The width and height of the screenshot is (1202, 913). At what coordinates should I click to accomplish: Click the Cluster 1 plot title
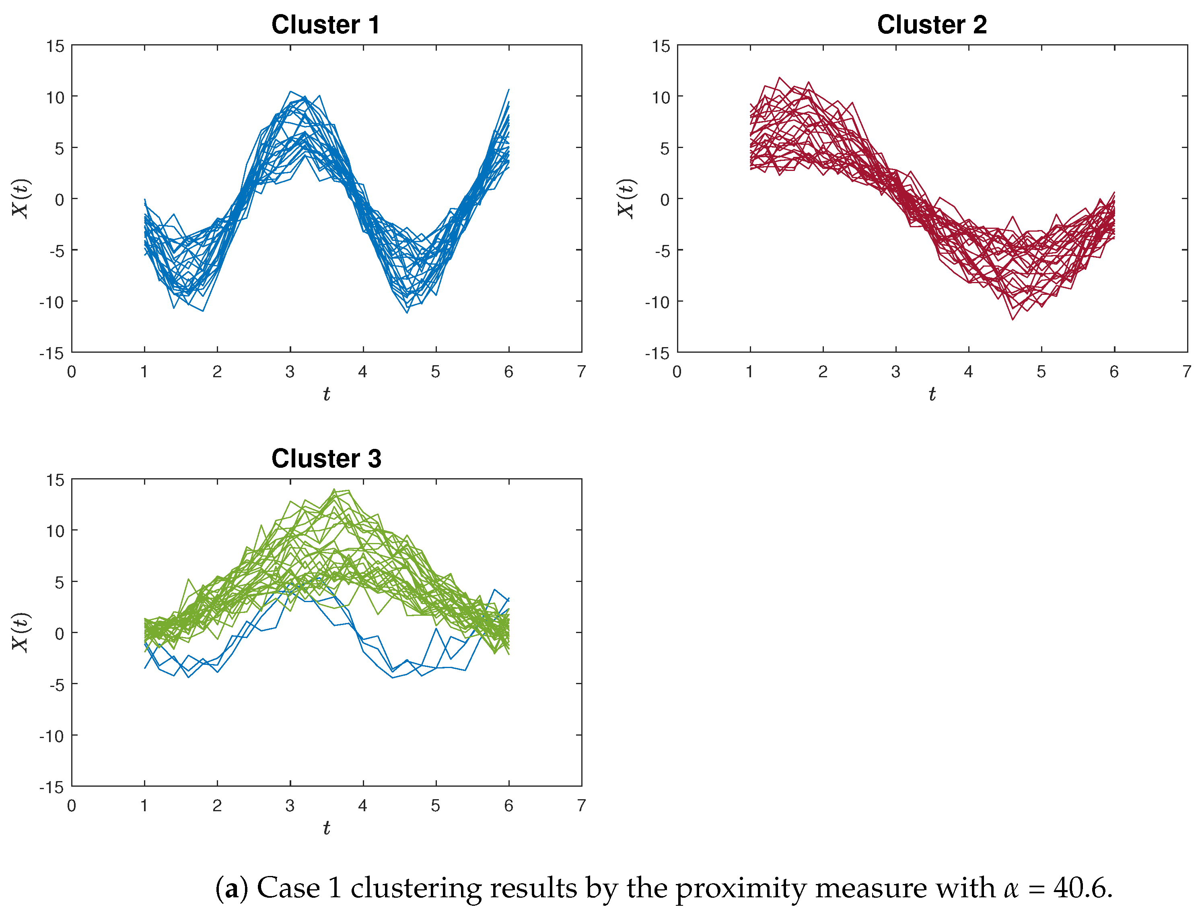(325, 25)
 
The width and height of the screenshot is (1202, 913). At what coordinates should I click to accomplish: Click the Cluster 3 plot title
(326, 459)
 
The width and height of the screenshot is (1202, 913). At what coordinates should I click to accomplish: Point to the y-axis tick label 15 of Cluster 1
(55, 47)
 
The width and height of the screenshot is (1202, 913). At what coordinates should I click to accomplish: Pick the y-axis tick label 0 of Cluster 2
(665, 199)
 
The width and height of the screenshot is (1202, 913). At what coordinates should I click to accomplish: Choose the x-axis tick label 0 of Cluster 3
(71, 806)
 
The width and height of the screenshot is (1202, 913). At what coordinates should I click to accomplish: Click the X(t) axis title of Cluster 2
(626, 199)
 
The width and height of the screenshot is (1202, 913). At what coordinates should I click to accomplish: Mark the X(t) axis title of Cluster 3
(21, 633)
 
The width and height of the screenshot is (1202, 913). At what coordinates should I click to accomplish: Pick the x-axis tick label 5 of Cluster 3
(435, 806)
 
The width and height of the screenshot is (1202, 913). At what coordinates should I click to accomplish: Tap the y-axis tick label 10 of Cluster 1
(55, 98)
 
